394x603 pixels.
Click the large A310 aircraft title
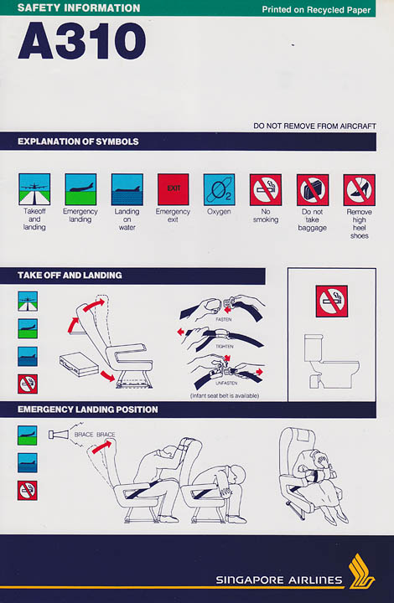point(82,41)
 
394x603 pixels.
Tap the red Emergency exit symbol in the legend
point(174,189)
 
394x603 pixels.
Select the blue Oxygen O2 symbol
point(220,189)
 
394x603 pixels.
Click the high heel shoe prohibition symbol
point(359,190)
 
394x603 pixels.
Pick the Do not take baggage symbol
point(313,190)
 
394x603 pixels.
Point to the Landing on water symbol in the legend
point(127,189)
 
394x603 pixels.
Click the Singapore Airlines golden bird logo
point(361,571)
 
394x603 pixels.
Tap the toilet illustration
point(330,361)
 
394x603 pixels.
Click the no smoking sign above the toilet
point(332,301)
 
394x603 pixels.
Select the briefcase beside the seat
point(79,364)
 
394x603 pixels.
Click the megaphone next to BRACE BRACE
point(58,435)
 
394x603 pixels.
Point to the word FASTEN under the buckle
point(224,320)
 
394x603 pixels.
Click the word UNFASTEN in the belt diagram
point(226,384)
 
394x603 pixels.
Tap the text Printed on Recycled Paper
point(316,10)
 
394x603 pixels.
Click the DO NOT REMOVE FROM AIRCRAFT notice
point(314,126)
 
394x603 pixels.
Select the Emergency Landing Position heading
point(88,410)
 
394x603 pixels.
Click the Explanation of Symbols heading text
point(78,142)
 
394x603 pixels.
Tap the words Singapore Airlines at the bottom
point(279,580)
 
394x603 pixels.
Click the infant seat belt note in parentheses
point(225,395)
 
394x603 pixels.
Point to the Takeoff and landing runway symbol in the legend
point(34,189)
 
